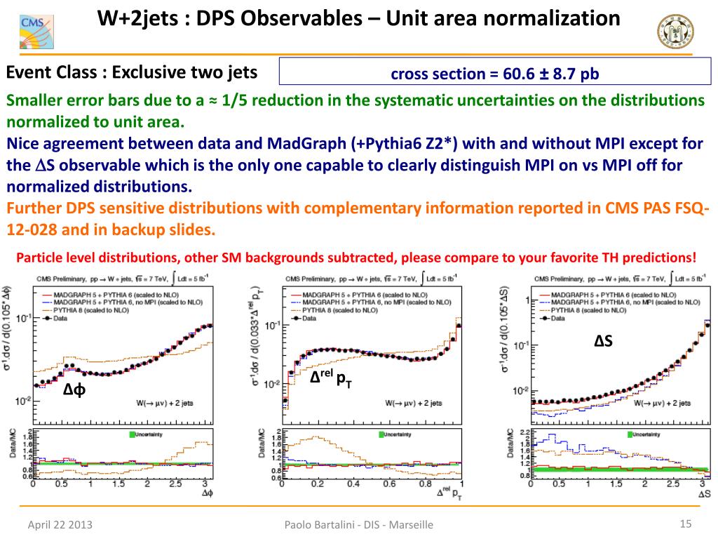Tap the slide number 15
pos(686,523)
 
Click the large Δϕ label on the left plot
pos(74,390)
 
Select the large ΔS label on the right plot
pos(603,341)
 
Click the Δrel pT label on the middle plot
pos(331,378)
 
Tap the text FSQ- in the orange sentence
pos(689,208)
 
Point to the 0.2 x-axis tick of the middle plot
pos(318,484)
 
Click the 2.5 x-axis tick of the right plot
pos(674,484)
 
